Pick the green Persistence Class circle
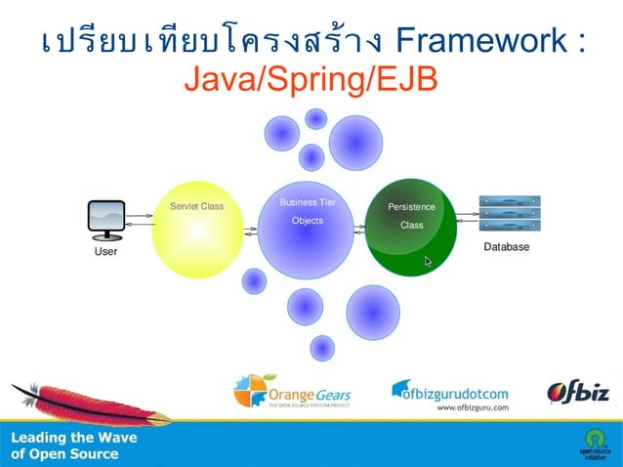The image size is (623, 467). (x=411, y=227)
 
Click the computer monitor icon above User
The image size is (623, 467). (x=106, y=220)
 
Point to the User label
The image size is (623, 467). (x=105, y=252)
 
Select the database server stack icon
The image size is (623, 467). (x=509, y=214)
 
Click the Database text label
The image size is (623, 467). (x=507, y=247)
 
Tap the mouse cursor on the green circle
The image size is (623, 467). (x=428, y=262)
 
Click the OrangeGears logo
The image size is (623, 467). (x=292, y=392)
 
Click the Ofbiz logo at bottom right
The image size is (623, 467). (x=578, y=393)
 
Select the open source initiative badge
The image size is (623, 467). (x=593, y=444)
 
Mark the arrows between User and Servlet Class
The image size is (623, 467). (x=139, y=224)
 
